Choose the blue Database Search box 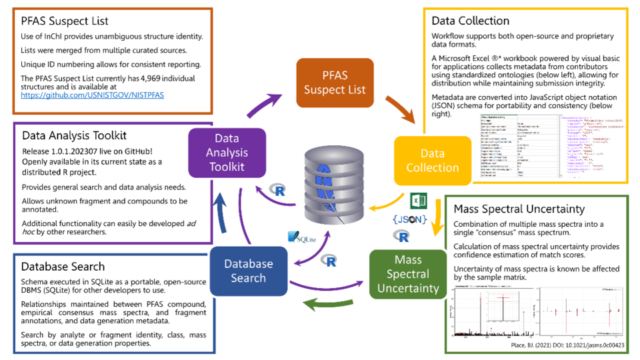pyautogui.click(x=248, y=271)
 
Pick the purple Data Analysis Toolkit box pyautogui.click(x=227, y=153)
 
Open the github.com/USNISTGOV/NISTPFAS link pyautogui.click(x=92, y=95)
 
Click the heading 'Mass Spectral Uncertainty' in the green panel pyautogui.click(x=521, y=209)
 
